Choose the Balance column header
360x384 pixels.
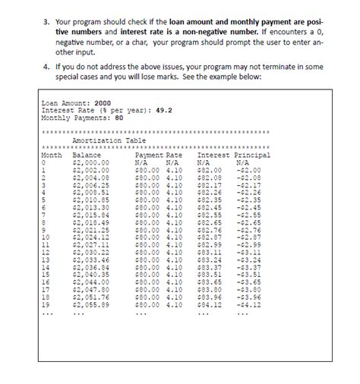[86, 154]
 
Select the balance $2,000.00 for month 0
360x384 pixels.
[90, 162]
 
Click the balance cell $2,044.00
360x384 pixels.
[90, 281]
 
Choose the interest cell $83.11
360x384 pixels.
[209, 252]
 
